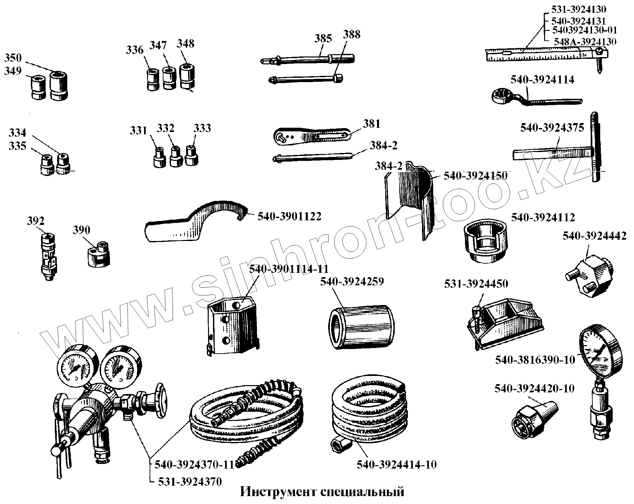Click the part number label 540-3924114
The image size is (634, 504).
coord(542,80)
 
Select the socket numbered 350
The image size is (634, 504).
coord(59,85)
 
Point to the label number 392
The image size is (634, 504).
coord(35,221)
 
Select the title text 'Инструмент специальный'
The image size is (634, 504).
coord(322,492)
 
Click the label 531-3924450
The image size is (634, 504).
coord(476,284)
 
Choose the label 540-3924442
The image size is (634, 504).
coord(594,236)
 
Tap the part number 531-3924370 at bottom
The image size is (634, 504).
coord(190,482)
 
